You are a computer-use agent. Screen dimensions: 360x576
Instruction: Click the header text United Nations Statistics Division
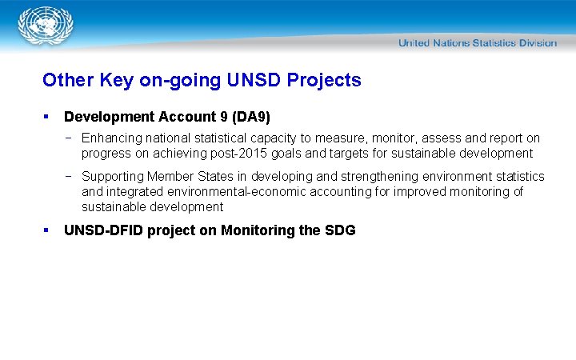(x=477, y=42)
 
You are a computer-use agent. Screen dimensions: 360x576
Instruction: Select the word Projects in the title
(x=324, y=80)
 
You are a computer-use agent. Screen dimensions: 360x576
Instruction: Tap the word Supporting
(x=113, y=176)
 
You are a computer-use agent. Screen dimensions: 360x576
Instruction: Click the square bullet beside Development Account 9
(x=47, y=117)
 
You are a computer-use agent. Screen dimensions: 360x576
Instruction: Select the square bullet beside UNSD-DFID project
(x=47, y=230)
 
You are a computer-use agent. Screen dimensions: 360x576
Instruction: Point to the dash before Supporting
(x=70, y=176)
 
